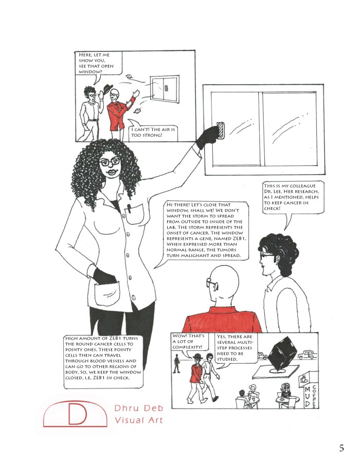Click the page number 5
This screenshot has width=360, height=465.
coord(341,448)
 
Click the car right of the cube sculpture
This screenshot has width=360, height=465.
coord(307,354)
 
